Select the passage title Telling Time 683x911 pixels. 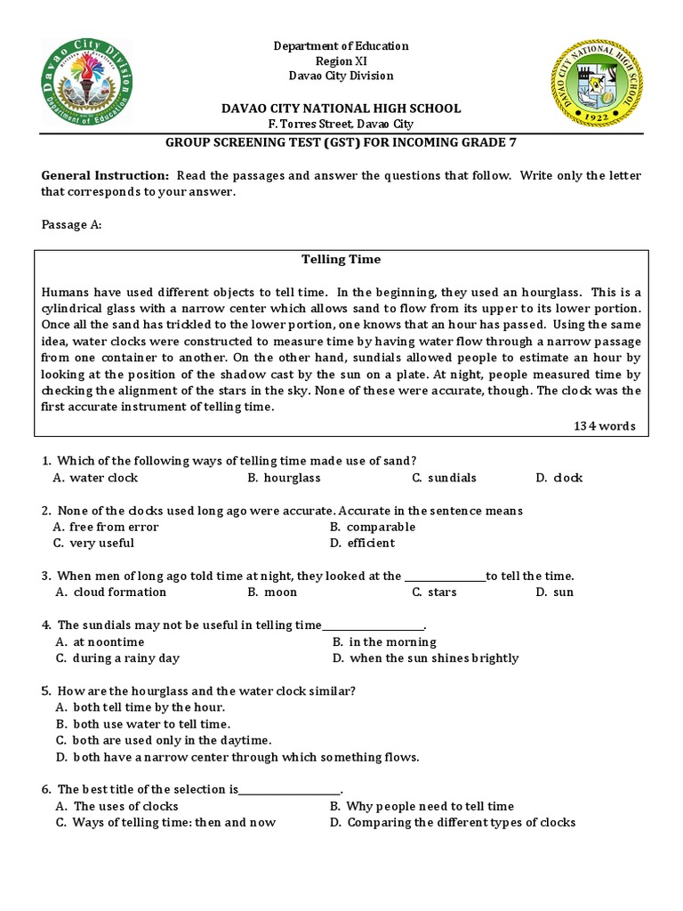[341, 260]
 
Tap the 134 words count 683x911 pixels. [605, 426]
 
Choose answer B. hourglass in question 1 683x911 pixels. [284, 478]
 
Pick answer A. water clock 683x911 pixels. [96, 478]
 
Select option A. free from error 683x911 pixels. [106, 527]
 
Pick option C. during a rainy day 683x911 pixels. [117, 658]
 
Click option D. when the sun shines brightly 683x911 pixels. [425, 658]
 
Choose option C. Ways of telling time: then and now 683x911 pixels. [165, 822]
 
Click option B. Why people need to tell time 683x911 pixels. [422, 806]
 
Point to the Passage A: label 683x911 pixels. [72, 225]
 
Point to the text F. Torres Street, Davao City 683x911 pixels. [341, 125]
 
